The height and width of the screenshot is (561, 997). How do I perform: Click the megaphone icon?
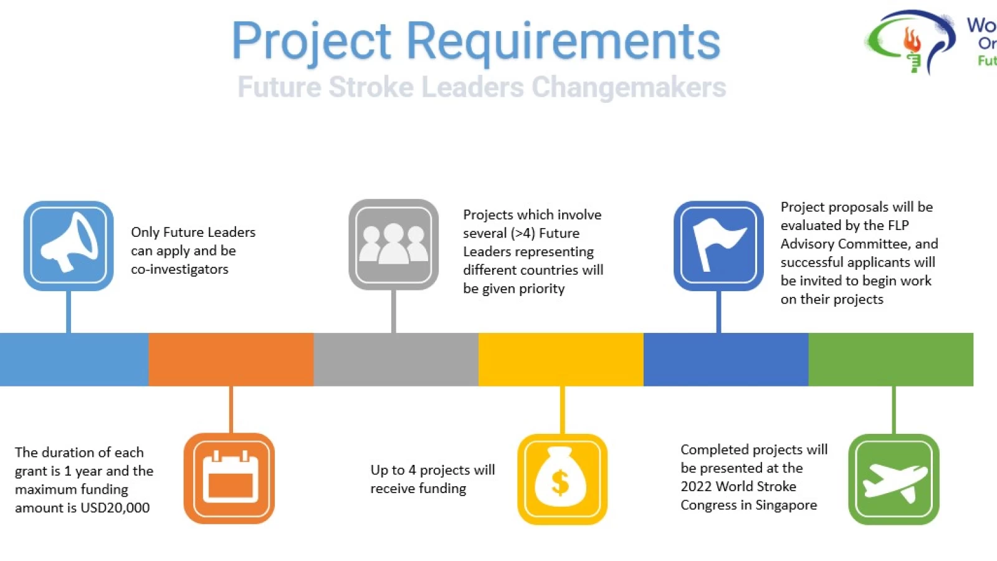pyautogui.click(x=69, y=246)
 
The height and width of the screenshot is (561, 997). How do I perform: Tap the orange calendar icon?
pyautogui.click(x=229, y=478)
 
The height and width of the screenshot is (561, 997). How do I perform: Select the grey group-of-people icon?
pyautogui.click(x=393, y=244)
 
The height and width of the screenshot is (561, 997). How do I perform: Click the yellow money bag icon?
pyautogui.click(x=562, y=479)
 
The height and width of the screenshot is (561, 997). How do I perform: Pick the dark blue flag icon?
pyautogui.click(x=718, y=246)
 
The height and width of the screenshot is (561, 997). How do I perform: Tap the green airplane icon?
pyautogui.click(x=894, y=479)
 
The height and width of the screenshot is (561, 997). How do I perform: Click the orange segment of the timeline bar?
pyautogui.click(x=231, y=359)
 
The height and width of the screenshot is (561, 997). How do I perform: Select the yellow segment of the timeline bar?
pyautogui.click(x=561, y=359)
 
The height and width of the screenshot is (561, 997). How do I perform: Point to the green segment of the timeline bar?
pyautogui.click(x=890, y=359)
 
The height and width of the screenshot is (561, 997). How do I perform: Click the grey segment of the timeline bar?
pyautogui.click(x=396, y=359)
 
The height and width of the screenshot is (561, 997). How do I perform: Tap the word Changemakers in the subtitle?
pyautogui.click(x=629, y=87)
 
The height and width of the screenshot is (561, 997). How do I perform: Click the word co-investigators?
pyautogui.click(x=179, y=269)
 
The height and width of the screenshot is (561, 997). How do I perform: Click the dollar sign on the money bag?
pyautogui.click(x=560, y=483)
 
